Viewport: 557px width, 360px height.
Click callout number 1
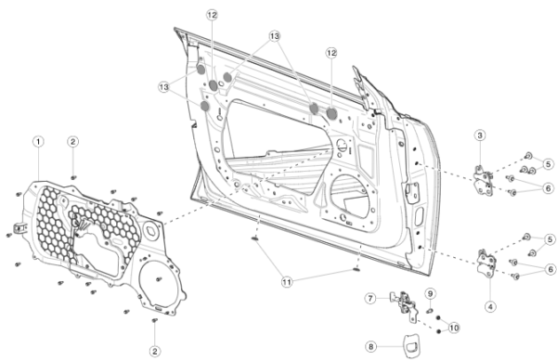tap(38, 142)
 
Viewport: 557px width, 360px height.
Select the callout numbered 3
tap(480, 135)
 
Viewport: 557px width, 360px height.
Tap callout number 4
tap(490, 307)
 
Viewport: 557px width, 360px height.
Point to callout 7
tap(370, 298)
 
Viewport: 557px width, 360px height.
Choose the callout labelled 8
tap(370, 346)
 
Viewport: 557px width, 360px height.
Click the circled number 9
tap(430, 294)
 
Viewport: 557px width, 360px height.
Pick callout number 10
tap(454, 328)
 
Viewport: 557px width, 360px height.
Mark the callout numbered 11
tap(287, 282)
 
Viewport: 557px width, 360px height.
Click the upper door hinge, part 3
tap(484, 181)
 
